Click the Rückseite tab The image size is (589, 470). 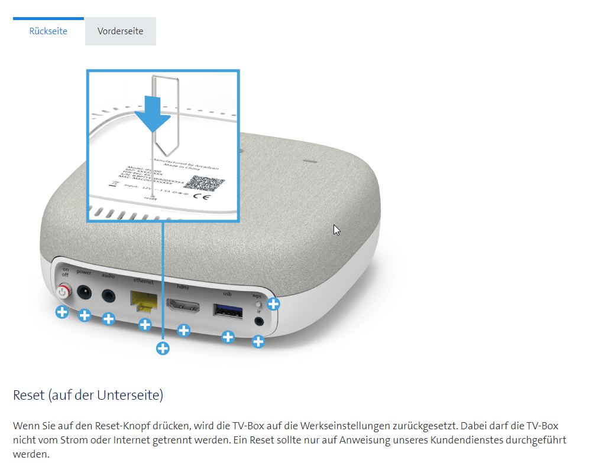[x=48, y=31]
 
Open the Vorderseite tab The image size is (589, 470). [x=121, y=31]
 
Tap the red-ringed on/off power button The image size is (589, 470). [x=63, y=292]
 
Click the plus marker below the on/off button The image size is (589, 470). [x=62, y=312]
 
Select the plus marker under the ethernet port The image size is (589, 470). [x=145, y=324]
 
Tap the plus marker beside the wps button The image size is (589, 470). [x=273, y=304]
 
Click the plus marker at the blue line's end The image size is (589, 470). [x=163, y=348]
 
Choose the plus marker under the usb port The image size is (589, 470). [x=228, y=337]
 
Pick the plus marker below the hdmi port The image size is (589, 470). [x=184, y=330]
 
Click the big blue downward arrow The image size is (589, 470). [x=153, y=114]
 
